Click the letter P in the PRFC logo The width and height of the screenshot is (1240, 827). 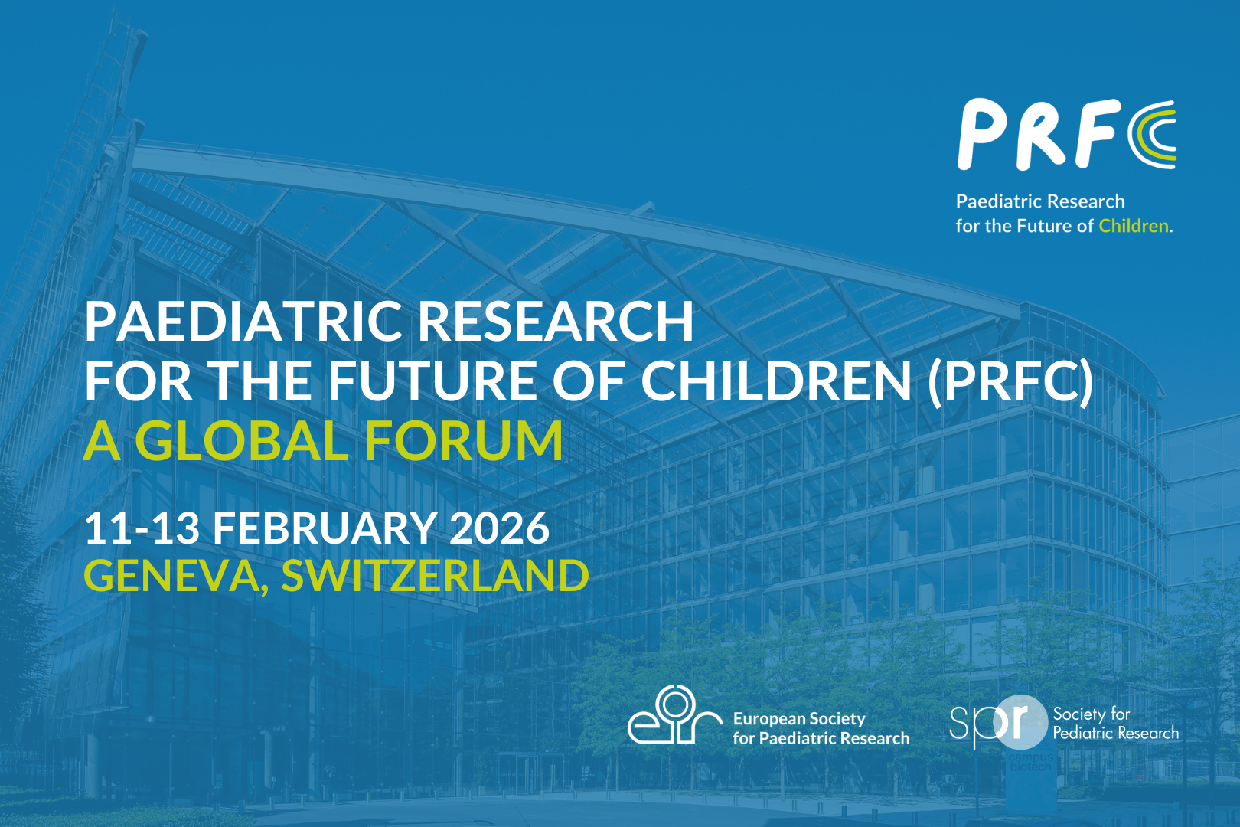(981, 135)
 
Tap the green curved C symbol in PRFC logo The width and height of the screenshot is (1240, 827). (1153, 135)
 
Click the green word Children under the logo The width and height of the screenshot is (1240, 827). (1133, 226)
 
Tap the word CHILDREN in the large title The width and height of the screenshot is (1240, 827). (776, 381)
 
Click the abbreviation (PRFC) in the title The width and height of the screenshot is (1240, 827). (1010, 381)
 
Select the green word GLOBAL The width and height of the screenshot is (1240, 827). (242, 441)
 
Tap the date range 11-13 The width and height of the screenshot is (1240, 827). (142, 529)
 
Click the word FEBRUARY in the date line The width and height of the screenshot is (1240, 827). (325, 529)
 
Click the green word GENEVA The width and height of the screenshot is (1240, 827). (171, 576)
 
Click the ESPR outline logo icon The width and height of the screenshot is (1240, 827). (674, 715)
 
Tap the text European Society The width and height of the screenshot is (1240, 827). (799, 719)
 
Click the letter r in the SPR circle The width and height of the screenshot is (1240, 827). (1020, 721)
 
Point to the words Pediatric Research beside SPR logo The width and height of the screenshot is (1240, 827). (1115, 734)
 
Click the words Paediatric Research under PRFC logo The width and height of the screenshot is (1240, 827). (1040, 201)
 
